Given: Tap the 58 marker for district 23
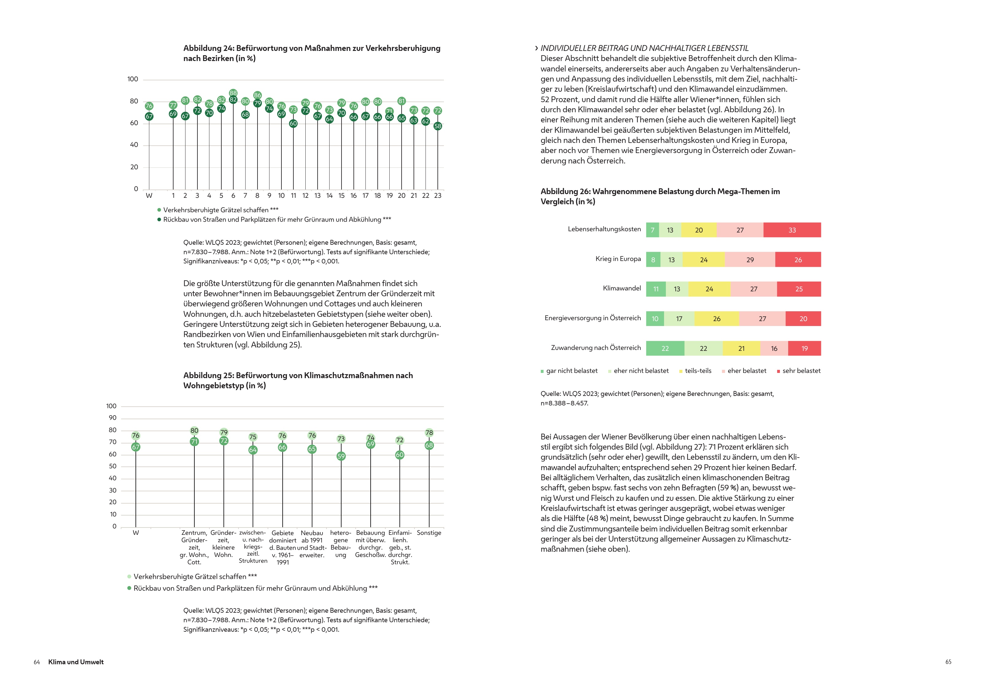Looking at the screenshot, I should (437, 126).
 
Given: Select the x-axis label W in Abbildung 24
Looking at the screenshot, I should (149, 196).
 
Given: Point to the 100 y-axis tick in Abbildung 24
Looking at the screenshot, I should (133, 79).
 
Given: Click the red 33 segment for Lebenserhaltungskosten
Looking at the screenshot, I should (792, 230).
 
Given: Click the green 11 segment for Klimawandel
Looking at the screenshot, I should (655, 289).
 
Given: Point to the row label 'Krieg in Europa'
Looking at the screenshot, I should (618, 259).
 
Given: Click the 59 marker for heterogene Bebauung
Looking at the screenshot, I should (341, 456).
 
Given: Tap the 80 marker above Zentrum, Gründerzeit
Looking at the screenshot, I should (194, 431).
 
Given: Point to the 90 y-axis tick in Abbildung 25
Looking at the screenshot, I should (113, 418).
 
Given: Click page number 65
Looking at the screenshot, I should (948, 662).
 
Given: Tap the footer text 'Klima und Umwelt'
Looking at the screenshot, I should (76, 662).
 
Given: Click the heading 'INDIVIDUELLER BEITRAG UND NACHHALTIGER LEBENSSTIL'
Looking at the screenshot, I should (644, 48).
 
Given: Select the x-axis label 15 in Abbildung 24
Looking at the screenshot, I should (341, 196).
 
